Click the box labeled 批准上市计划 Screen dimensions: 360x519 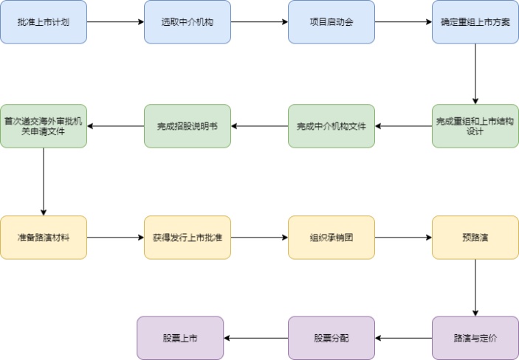43,22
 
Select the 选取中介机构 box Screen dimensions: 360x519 187,22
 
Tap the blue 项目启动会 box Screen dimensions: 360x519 331,22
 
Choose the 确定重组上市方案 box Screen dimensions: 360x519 475,22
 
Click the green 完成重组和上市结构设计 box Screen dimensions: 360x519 475,126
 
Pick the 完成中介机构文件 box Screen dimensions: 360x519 331,126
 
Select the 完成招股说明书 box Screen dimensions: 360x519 187,126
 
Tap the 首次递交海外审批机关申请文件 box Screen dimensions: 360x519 43,126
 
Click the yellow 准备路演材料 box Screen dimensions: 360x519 43,238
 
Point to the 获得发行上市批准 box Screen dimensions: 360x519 187,238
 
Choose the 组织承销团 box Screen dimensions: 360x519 331,238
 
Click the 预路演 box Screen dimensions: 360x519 475,238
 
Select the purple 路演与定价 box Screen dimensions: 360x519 475,338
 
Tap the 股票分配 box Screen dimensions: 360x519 331,338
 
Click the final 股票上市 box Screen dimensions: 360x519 180,338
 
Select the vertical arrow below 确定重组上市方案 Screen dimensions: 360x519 475,74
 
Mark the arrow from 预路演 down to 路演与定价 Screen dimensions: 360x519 475,288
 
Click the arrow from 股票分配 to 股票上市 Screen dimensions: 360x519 255,338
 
